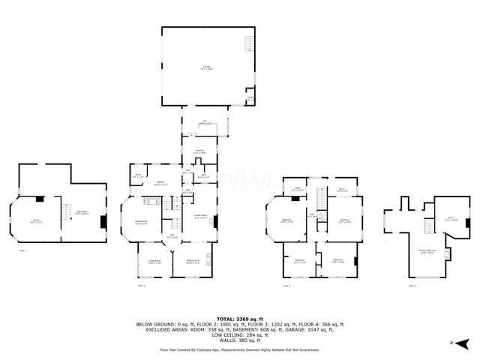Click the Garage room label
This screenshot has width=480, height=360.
206,68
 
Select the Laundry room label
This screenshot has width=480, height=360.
199,152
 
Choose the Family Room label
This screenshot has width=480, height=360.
202,217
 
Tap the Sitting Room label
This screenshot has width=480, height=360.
192,261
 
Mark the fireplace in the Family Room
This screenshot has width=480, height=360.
216,221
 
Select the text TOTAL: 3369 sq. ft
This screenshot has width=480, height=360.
239,319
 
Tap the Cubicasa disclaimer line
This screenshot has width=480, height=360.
239,349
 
